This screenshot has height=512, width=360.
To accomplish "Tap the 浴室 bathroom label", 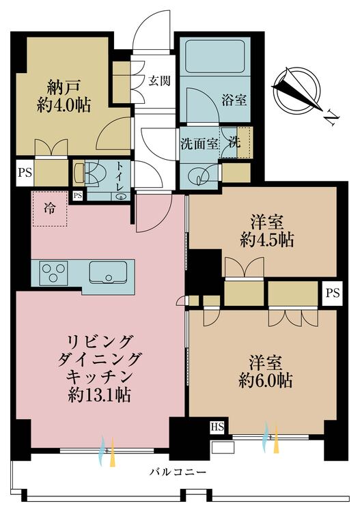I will click(234, 100).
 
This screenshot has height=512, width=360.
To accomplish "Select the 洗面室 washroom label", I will click(199, 144).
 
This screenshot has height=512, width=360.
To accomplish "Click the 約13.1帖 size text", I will click(100, 395).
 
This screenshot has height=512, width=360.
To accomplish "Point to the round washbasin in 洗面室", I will click(200, 176).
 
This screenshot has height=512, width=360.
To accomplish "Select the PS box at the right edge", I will click(333, 294).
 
